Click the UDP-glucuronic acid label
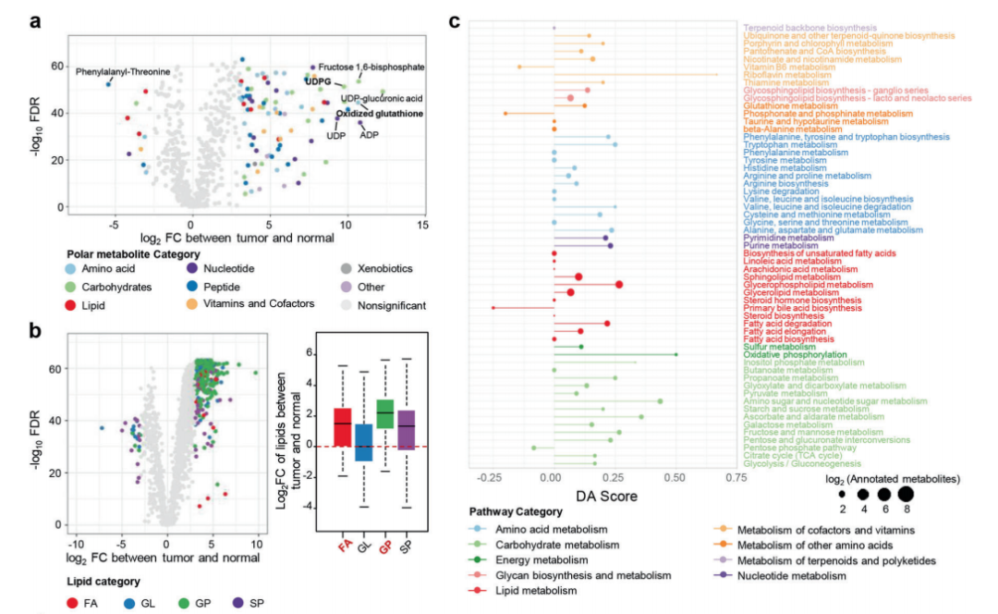click(x=382, y=98)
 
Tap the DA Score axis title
click(x=606, y=497)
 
